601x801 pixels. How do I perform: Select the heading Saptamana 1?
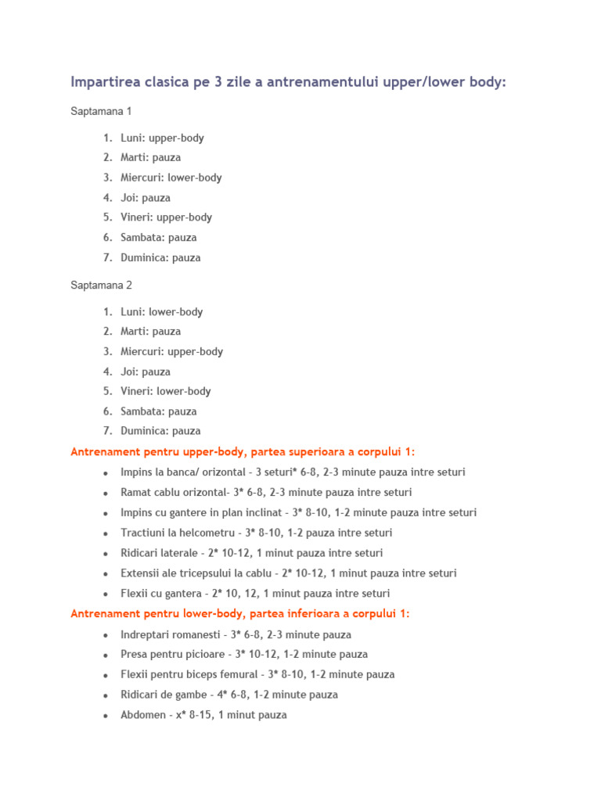[x=102, y=112]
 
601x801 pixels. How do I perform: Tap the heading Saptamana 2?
[x=102, y=286]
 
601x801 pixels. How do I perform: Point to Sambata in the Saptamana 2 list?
[x=142, y=411]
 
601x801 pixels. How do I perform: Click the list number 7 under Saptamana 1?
[x=108, y=257]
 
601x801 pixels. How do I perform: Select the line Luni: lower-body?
[x=162, y=312]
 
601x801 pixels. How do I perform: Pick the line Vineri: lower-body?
[x=166, y=391]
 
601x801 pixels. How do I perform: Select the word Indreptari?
[x=148, y=634]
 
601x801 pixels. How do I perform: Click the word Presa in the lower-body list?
[x=135, y=654]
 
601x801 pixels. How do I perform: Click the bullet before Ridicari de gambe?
[x=105, y=695]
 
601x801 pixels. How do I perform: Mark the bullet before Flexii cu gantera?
[x=105, y=594]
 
